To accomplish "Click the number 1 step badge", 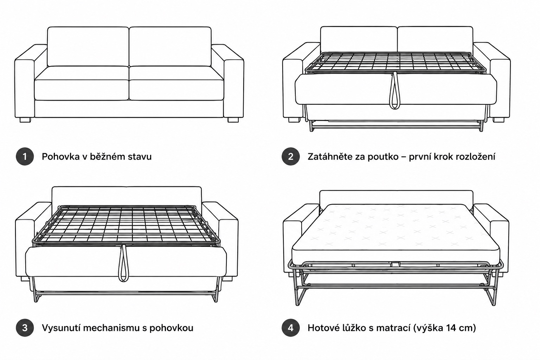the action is tap(25, 156).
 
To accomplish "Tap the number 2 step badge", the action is tap(290, 156).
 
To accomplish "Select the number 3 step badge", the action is tap(25, 328).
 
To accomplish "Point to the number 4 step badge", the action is tap(290, 328).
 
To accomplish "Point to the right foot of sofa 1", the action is tap(233, 120).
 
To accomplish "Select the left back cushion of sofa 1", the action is tap(88, 46).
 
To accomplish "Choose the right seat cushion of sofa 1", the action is tap(176, 83).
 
